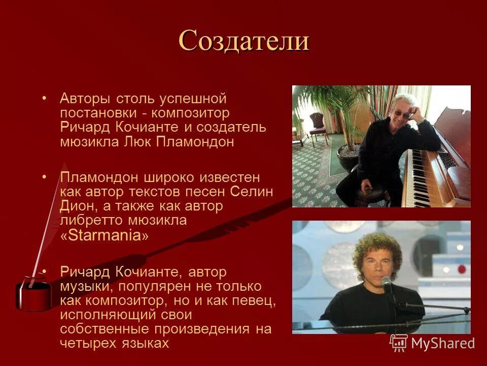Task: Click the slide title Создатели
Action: click(x=243, y=40)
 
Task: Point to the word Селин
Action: click(x=252, y=192)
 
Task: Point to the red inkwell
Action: click(x=33, y=295)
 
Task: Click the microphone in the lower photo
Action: click(x=387, y=283)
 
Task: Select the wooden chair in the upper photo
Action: click(x=319, y=127)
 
